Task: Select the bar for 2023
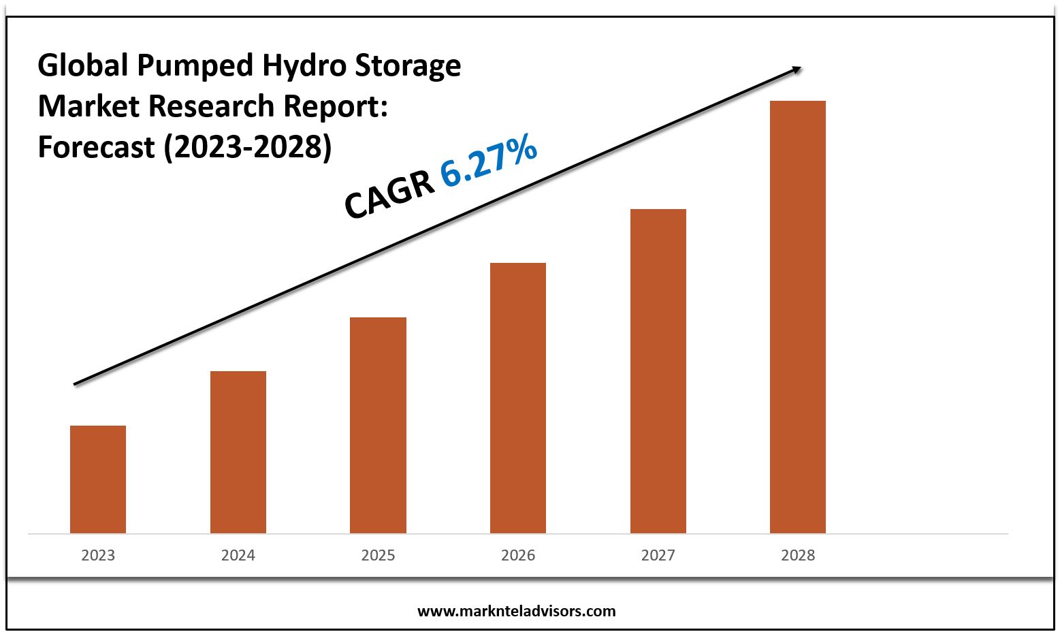(98, 479)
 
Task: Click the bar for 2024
(238, 452)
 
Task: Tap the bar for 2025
(378, 425)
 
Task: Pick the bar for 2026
(518, 398)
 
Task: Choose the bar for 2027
(658, 370)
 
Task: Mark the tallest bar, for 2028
(798, 317)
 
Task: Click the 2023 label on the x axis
(98, 555)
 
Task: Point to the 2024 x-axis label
(238, 555)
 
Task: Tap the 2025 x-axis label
(378, 555)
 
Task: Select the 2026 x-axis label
(518, 555)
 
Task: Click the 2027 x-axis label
(658, 555)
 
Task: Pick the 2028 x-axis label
(798, 555)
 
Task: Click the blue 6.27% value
(489, 162)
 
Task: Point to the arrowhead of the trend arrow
(797, 69)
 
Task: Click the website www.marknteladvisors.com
(516, 611)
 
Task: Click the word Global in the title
(83, 65)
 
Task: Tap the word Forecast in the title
(96, 147)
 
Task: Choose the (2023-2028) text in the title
(248, 147)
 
